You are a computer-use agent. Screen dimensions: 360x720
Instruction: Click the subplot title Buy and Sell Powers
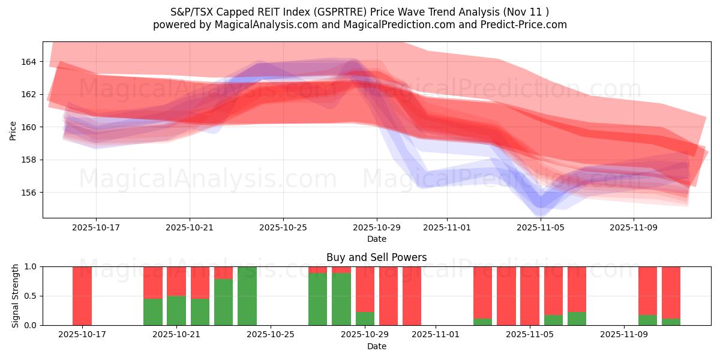click(x=376, y=257)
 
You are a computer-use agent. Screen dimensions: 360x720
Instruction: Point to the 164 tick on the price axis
click(x=29, y=62)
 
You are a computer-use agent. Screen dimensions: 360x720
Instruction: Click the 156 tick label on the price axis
click(x=29, y=193)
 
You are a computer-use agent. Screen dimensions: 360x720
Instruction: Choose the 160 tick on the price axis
click(x=29, y=127)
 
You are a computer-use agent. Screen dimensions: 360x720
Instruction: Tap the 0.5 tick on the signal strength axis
click(x=29, y=296)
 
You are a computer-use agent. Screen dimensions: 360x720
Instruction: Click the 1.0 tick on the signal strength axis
click(x=29, y=266)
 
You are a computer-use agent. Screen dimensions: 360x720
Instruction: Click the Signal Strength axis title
click(x=16, y=296)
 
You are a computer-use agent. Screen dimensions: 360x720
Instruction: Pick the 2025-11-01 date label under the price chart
click(x=446, y=228)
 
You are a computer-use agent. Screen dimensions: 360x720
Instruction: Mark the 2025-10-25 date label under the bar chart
click(x=271, y=335)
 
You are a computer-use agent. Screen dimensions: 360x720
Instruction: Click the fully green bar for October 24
click(x=247, y=296)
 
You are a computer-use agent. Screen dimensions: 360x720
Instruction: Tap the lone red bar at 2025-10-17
click(x=82, y=296)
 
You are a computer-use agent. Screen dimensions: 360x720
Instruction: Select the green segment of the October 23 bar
click(x=223, y=302)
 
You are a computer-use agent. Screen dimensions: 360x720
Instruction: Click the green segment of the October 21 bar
click(x=176, y=310)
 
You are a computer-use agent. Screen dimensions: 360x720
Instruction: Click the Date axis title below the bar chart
click(x=376, y=346)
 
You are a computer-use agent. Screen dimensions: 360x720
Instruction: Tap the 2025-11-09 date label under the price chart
click(x=634, y=228)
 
